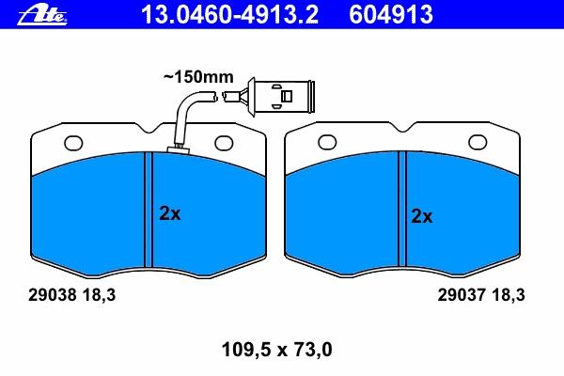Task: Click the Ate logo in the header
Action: pos(42,15)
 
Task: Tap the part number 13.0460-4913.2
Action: pos(229,15)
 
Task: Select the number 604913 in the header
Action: pos(391,15)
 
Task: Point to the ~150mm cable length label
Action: pos(198,77)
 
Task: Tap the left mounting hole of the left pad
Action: pos(73,143)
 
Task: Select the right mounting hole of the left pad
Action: pos(224,143)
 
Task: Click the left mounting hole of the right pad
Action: pos(327,142)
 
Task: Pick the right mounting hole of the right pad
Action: pos(478,142)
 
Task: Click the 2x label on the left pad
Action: pos(170,213)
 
